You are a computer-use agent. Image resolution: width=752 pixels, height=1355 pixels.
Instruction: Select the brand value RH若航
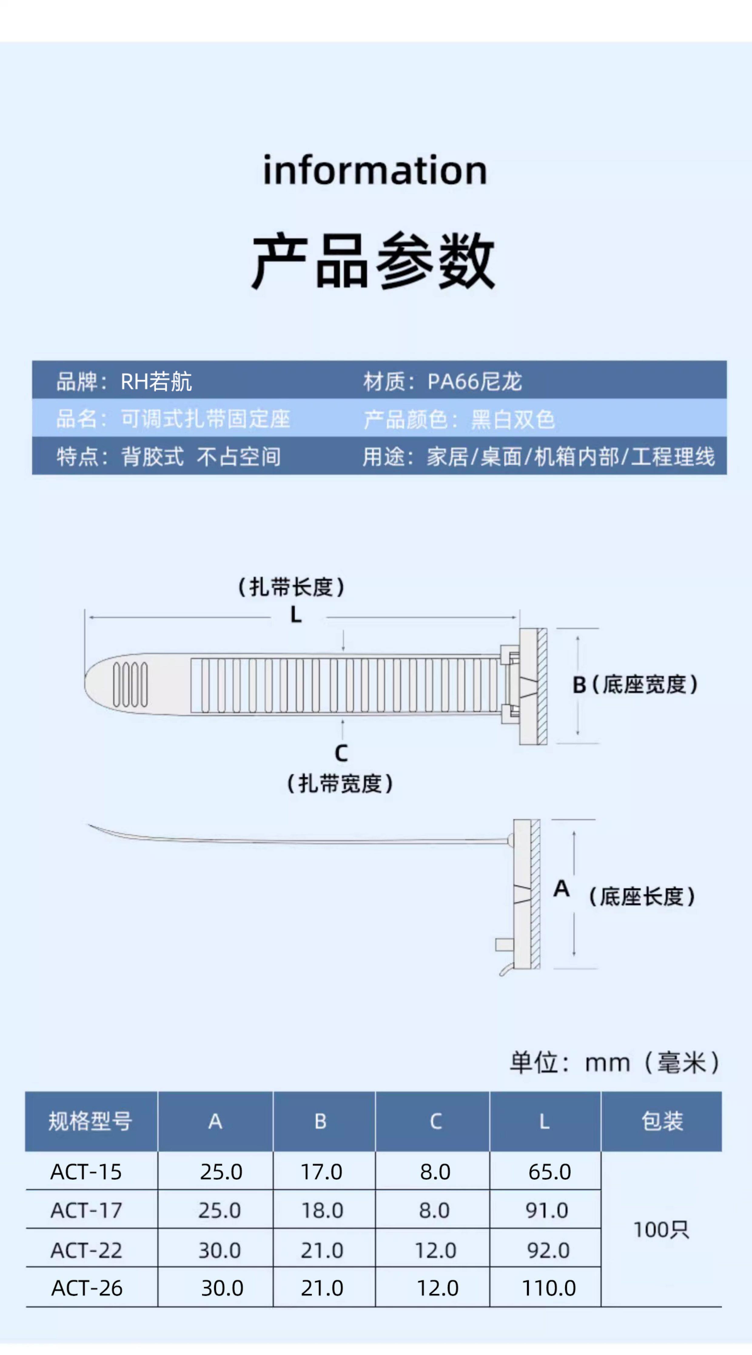(156, 381)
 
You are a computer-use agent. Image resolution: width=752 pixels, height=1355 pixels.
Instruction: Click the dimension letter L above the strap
(296, 615)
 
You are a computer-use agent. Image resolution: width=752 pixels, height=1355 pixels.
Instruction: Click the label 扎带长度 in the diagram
(291, 587)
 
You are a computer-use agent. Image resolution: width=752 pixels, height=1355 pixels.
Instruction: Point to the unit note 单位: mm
(614, 1063)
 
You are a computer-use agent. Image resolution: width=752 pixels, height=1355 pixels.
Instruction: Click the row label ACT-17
(86, 1210)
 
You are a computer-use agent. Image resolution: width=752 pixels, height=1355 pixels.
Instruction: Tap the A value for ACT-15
(221, 1172)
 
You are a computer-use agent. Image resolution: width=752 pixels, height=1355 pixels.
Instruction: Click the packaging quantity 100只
(661, 1230)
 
